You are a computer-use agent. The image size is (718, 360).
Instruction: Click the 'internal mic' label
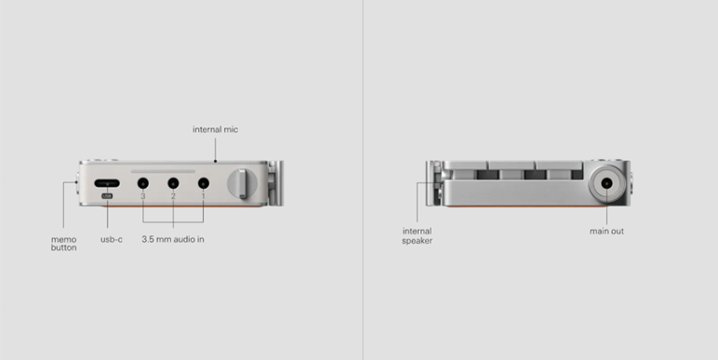[215, 129]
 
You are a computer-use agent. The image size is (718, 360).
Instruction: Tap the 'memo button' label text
[63, 243]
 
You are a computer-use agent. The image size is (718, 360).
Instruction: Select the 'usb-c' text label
[112, 240]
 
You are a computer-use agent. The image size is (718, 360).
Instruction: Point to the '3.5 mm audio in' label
[173, 239]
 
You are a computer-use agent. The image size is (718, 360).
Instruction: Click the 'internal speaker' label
[418, 236]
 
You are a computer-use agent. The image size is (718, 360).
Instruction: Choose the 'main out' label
[606, 232]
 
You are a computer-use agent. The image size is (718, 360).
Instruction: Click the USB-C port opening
[107, 183]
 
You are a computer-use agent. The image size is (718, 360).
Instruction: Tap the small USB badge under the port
[107, 196]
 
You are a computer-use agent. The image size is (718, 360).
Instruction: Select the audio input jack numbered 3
[143, 183]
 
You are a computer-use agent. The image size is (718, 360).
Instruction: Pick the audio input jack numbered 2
[173, 183]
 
